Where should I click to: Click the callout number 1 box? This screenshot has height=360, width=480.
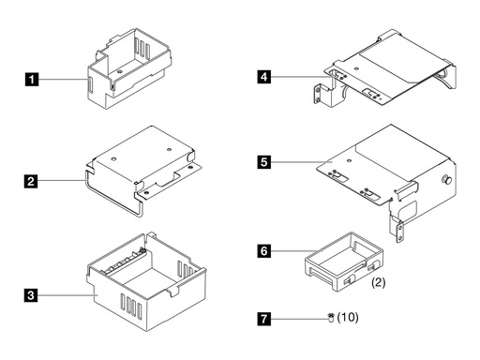tap(34, 81)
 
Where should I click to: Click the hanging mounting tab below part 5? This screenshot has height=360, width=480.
tap(397, 224)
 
